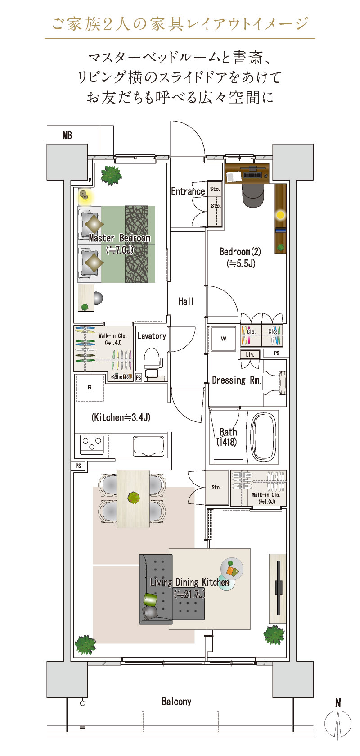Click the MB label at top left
[67, 136]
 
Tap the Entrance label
[188, 191]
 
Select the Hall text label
[186, 301]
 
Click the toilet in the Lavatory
[153, 363]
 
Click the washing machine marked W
[223, 339]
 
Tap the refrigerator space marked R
[90, 387]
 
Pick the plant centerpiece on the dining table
[134, 498]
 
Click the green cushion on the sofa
[150, 600]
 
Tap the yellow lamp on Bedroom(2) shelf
[280, 215]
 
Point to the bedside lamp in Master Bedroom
[84, 195]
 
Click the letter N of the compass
[338, 702]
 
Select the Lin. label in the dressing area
[250, 354]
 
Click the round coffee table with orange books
[232, 569]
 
